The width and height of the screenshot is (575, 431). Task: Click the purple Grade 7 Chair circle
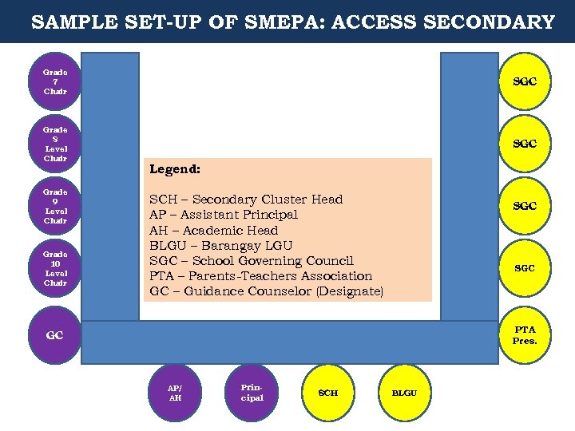pos(55,81)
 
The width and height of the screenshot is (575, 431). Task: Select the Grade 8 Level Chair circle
pos(55,144)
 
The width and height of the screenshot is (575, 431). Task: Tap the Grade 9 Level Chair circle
pos(55,206)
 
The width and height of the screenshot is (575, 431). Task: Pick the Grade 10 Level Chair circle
pos(55,268)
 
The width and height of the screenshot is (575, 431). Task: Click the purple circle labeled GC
pos(54,336)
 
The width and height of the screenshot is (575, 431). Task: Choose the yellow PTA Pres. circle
pos(525,335)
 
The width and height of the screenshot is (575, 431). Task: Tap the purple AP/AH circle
pos(175,393)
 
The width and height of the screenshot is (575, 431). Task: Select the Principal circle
pos(252,393)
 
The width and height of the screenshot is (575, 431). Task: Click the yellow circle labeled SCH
pos(328,393)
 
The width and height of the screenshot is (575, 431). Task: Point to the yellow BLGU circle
pos(404,393)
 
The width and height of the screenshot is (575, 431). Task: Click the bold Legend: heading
pos(175,169)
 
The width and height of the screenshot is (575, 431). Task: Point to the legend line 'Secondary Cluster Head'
pos(246,200)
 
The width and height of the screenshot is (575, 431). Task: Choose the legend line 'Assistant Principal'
pos(224,215)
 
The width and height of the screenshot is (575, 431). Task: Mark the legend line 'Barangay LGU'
pos(221,245)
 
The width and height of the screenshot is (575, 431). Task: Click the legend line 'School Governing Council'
pos(252,260)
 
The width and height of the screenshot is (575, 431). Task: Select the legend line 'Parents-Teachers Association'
pos(261,275)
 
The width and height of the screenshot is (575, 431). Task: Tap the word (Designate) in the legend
pos(350,291)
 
